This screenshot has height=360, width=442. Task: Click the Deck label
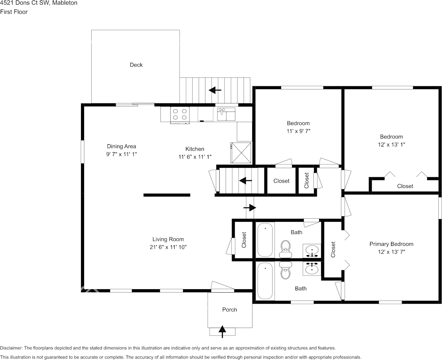click(136, 65)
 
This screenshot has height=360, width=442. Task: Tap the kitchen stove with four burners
click(180, 114)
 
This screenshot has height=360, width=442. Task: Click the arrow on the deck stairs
click(215, 90)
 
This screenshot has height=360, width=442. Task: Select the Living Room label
click(168, 239)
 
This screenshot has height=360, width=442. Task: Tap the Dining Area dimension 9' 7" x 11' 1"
click(121, 155)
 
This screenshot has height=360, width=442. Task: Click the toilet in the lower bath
click(285, 271)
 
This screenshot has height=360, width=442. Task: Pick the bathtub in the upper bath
click(265, 240)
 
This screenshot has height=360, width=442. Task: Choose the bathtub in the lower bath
click(265, 281)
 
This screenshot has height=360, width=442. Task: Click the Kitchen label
click(195, 149)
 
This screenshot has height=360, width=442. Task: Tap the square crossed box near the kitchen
click(241, 153)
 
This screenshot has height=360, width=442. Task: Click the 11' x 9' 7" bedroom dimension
click(298, 131)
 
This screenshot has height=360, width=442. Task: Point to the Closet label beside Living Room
click(244, 240)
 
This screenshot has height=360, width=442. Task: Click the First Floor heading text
click(14, 12)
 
